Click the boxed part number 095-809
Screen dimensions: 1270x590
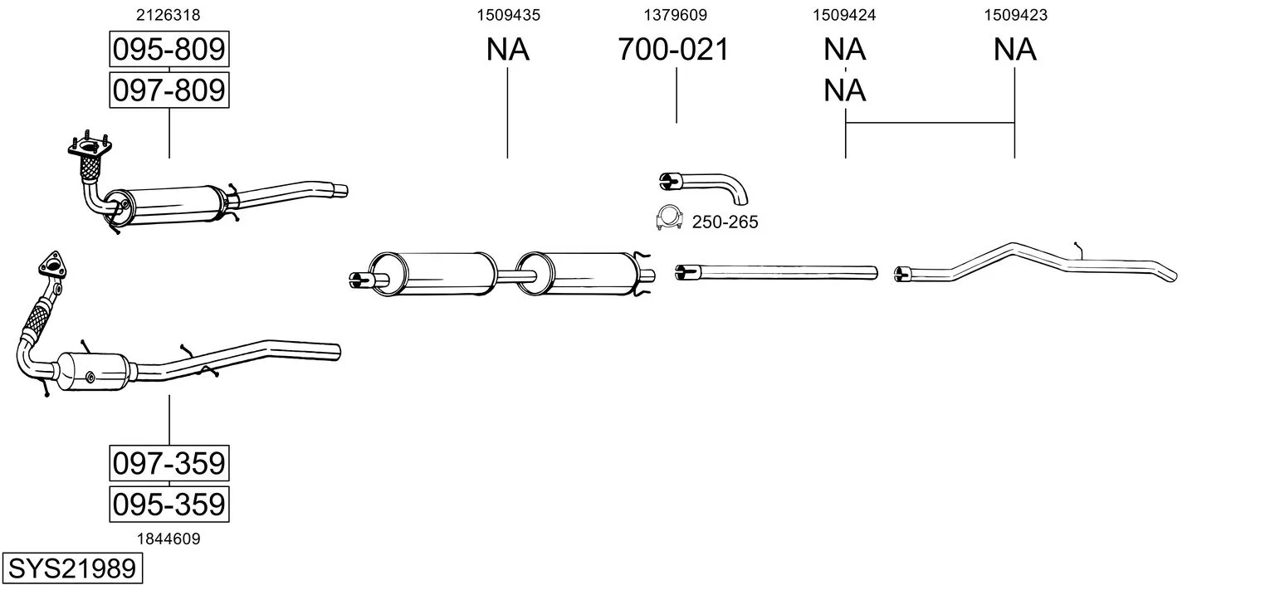tap(169, 49)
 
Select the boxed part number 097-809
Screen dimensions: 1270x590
tap(169, 90)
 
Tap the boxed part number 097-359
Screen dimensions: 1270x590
tap(169, 463)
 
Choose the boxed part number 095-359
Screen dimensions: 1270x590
tap(169, 504)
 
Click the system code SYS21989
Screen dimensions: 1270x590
tap(72, 568)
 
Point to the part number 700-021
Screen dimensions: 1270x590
tap(673, 49)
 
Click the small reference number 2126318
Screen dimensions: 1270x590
tap(168, 15)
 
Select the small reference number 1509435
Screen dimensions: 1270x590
tap(508, 15)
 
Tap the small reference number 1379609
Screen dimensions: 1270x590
tap(675, 15)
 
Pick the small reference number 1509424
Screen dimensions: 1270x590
tap(844, 15)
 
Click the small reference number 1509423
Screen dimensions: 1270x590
tap(1015, 15)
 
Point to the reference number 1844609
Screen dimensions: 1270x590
tap(169, 539)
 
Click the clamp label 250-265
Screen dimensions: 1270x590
tap(725, 222)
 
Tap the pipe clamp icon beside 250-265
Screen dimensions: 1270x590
tap(669, 217)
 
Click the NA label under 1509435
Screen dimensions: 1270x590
tap(507, 49)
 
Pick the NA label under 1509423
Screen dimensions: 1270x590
tap(1015, 49)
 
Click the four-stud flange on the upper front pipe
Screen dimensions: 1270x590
tap(90, 146)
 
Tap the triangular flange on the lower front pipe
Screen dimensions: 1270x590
tap(51, 266)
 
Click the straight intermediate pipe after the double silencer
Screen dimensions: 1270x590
tap(777, 273)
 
